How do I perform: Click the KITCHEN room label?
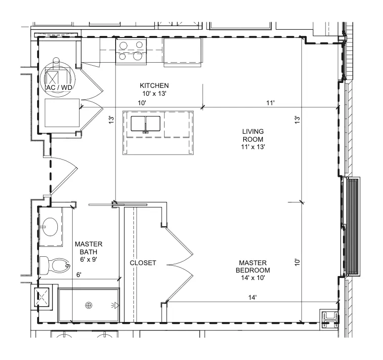coord(154,85)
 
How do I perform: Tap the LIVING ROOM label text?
coord(253,135)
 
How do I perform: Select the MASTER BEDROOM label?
coord(253,267)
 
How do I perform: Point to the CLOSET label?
coord(143,263)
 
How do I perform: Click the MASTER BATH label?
coord(88,248)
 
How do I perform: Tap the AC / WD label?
coord(59,87)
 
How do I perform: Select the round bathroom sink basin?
coord(50,227)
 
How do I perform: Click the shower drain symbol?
coord(88,305)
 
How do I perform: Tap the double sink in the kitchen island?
coord(146,123)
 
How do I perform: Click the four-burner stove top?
coord(131,51)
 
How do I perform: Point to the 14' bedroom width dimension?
coord(253,297)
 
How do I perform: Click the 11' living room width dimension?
coord(270,103)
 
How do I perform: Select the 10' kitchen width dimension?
coord(142,103)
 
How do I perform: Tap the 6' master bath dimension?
coord(79,275)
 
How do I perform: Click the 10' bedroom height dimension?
coord(298,262)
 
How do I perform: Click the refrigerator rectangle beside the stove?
coord(182,52)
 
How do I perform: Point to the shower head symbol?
coord(115,305)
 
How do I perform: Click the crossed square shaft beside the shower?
coord(42,297)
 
